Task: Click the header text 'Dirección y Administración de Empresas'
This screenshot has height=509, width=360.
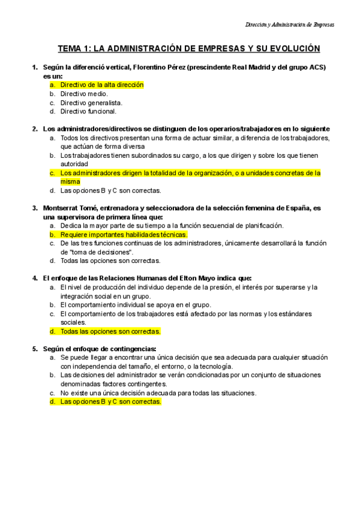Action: point(290,25)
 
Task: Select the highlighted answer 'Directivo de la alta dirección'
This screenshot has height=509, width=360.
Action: point(102,85)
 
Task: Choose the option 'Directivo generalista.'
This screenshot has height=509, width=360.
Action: point(91,103)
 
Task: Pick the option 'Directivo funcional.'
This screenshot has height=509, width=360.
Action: point(88,111)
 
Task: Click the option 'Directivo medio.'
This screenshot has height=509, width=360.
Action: point(84,94)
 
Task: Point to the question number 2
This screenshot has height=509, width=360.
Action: point(35,128)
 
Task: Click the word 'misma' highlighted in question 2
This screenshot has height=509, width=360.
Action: point(70,181)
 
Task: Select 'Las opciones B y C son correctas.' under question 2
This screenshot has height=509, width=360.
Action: point(110,190)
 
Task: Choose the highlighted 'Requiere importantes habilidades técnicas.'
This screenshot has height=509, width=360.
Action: point(124,234)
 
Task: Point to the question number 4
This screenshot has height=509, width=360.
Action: point(35,278)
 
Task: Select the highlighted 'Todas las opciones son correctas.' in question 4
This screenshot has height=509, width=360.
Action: point(110,331)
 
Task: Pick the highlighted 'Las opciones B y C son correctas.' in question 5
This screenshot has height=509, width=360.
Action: point(110,402)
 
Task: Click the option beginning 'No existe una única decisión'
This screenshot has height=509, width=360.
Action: point(158,393)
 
